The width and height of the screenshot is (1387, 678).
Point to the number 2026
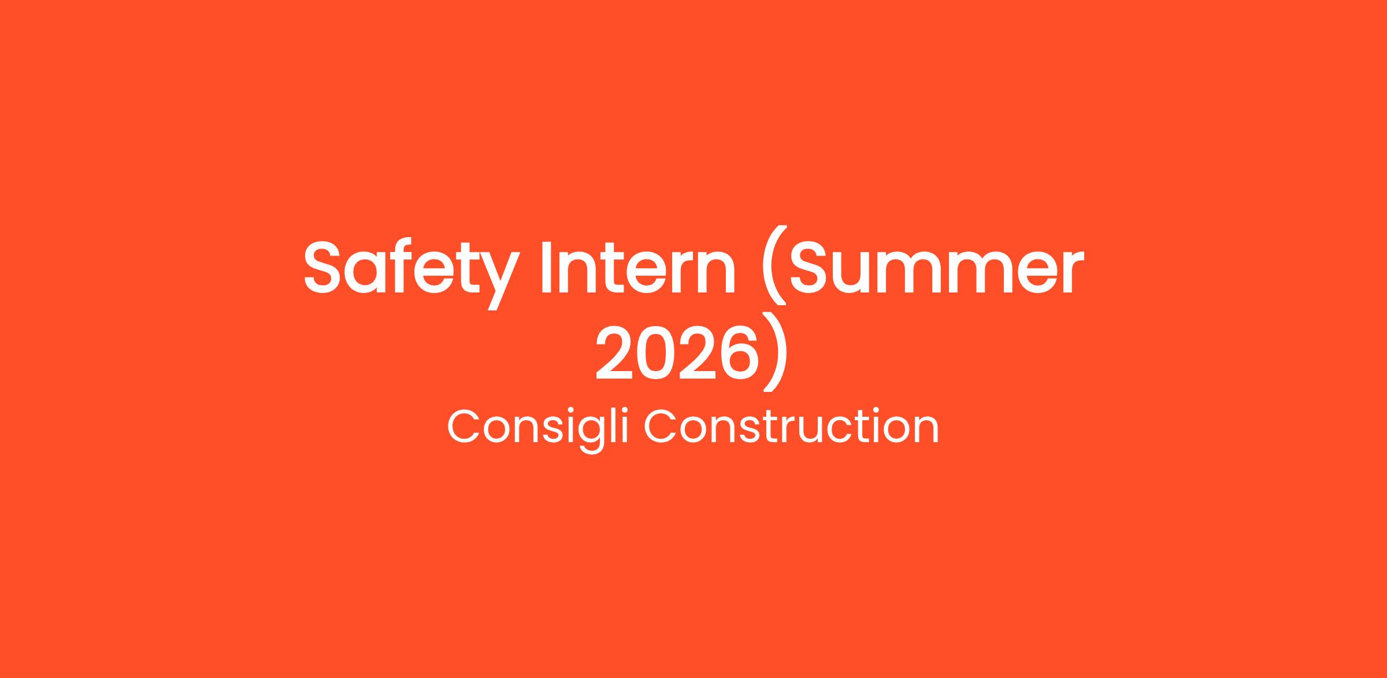click(x=677, y=352)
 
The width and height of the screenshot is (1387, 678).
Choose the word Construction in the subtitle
click(x=791, y=427)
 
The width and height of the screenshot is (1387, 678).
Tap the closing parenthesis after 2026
click(x=776, y=352)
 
